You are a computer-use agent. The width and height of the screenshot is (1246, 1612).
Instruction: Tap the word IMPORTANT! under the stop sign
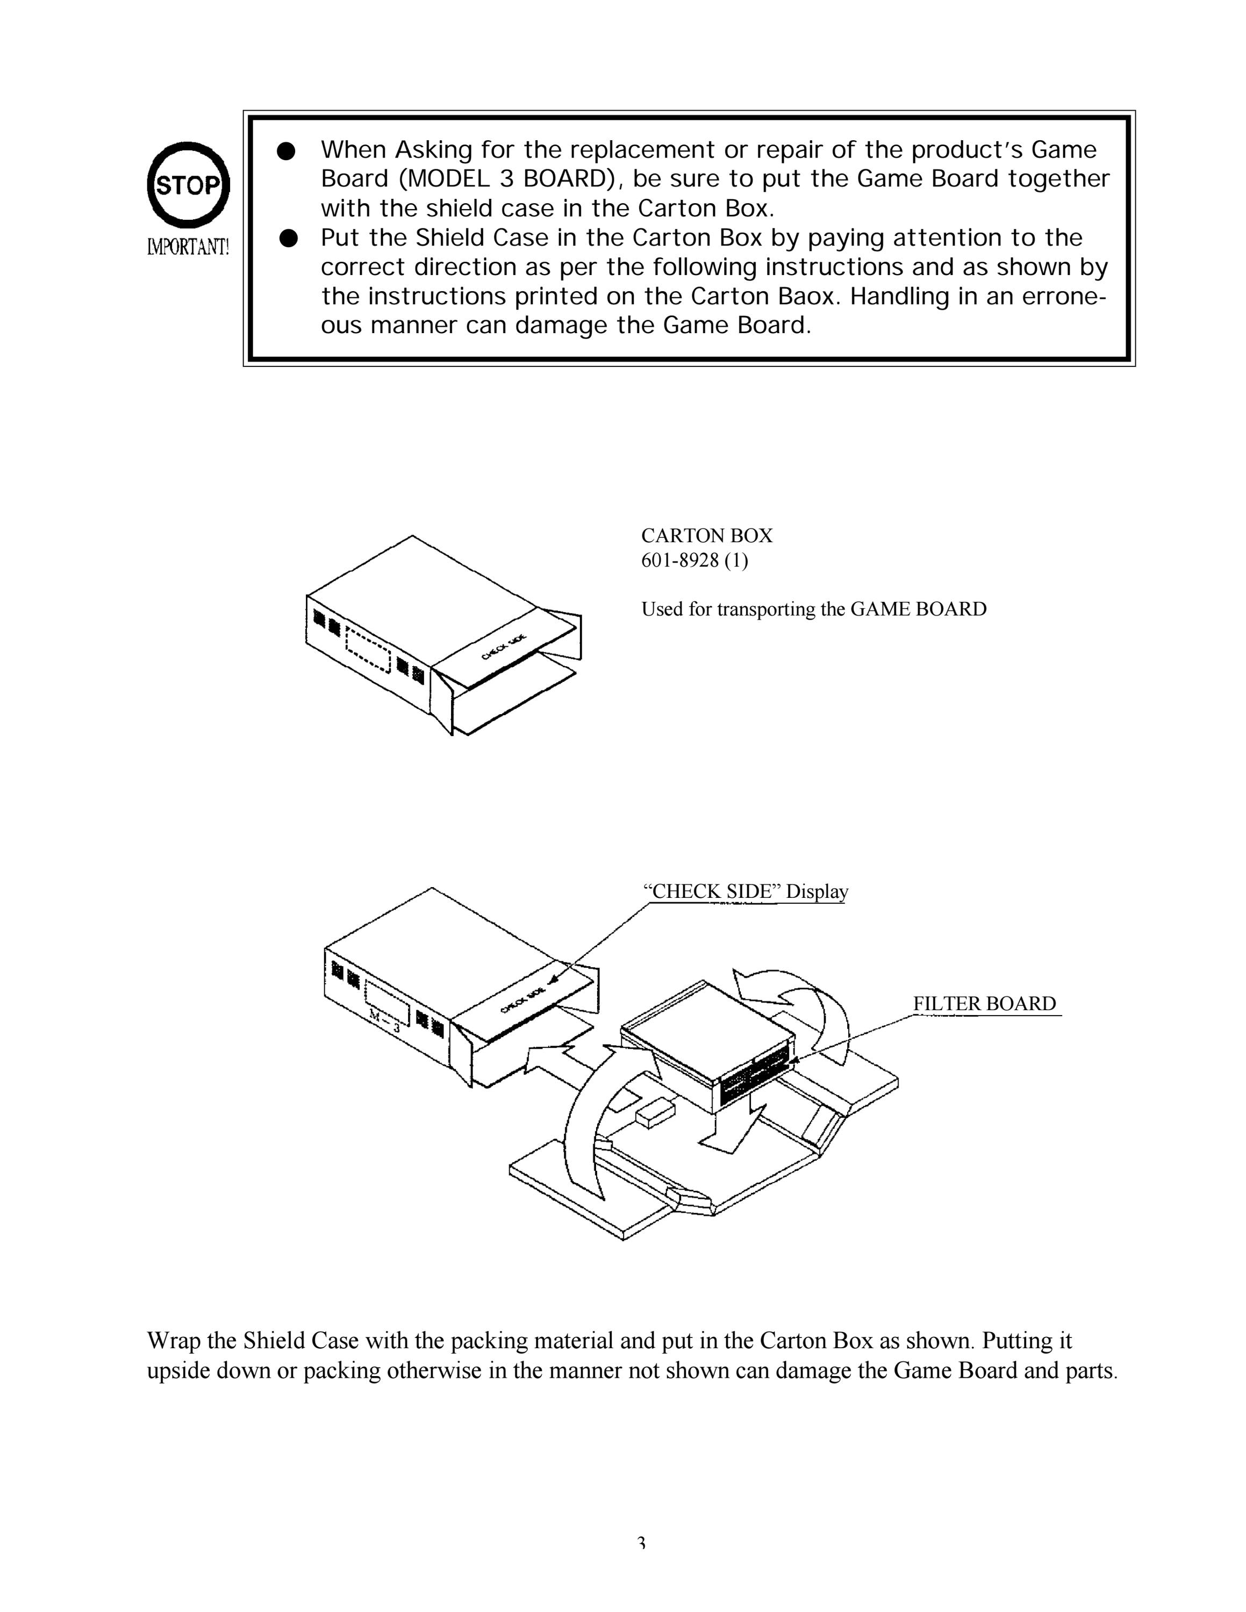188,247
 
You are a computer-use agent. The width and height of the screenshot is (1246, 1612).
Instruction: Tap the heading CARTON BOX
706,535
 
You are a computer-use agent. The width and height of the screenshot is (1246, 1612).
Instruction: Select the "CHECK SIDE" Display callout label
746,891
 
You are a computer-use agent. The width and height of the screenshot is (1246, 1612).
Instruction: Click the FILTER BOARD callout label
985,1004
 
